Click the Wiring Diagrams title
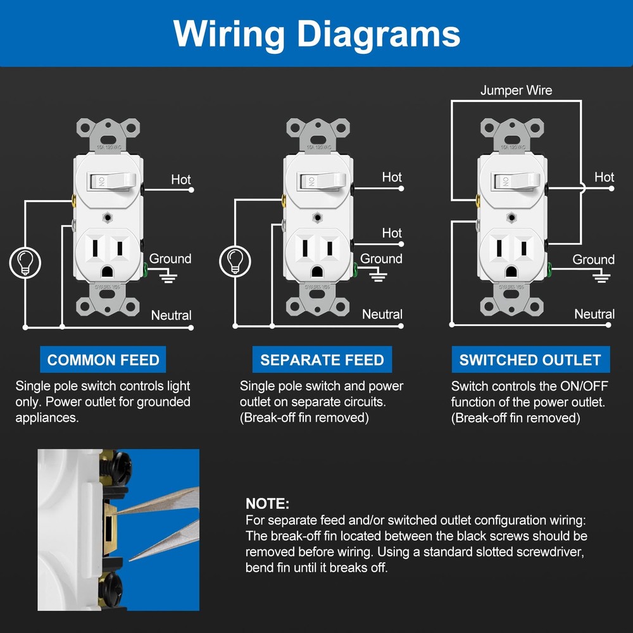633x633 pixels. tap(316, 33)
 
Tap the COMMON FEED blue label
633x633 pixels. tap(103, 360)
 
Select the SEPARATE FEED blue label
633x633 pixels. tap(322, 360)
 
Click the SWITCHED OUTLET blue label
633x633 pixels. tap(530, 360)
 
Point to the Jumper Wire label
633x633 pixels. tap(516, 91)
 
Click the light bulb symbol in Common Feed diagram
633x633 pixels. tap(25, 261)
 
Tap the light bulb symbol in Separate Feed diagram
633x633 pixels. tap(235, 261)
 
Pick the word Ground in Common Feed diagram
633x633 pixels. tap(170, 259)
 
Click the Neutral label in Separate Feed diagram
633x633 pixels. tap(382, 315)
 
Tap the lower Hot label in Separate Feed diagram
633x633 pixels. tap(392, 234)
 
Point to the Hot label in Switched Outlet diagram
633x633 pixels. tap(604, 178)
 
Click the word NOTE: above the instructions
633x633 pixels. tap(267, 505)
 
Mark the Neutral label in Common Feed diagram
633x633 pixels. tap(171, 315)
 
